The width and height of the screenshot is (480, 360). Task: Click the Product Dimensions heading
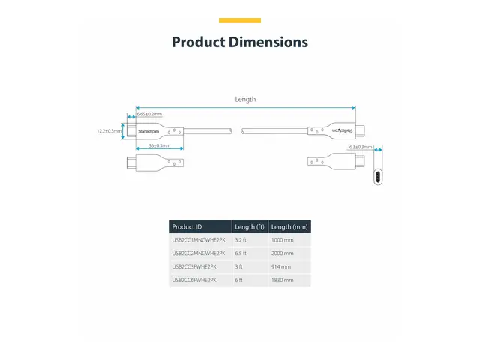pos(240,42)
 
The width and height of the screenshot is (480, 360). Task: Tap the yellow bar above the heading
pos(240,20)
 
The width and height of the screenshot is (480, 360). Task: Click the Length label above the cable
pos(245,99)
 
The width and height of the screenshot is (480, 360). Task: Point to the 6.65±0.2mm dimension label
pos(149,114)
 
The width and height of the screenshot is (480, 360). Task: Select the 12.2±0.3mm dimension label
pos(109,131)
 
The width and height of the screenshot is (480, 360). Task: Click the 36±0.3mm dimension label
pos(159,145)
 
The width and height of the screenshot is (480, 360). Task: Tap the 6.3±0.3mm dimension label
pos(361,148)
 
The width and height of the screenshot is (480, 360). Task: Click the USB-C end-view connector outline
pos(378,178)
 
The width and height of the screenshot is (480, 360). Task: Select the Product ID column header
pos(187,227)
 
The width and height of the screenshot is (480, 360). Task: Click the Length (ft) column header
pos(250,227)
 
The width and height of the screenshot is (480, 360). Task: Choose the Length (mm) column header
pos(289,227)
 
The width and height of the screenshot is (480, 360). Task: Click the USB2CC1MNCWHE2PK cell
pos(199,240)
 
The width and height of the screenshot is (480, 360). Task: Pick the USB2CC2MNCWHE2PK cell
pos(199,253)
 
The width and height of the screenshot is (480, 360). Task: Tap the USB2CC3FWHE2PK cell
pos(194,267)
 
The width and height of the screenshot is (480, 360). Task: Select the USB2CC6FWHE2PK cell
pos(194,280)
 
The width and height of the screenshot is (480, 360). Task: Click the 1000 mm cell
pos(283,240)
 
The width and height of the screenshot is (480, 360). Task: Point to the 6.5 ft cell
pos(241,253)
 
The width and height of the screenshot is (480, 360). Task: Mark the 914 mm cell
pos(281,267)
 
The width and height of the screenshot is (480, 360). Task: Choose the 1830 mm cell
pos(283,280)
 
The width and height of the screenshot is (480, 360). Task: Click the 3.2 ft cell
pos(241,240)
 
